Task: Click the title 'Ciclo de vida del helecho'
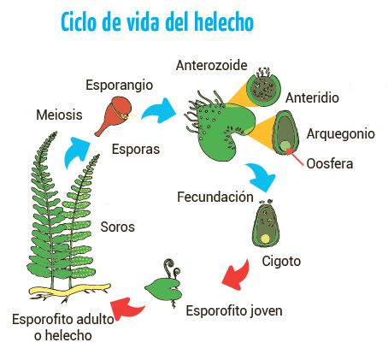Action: [157, 22]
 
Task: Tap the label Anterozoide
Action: [211, 65]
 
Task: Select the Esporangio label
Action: [119, 86]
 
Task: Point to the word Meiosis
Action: [59, 115]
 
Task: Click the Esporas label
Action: [136, 150]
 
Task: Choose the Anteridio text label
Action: [312, 97]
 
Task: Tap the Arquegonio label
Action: [341, 134]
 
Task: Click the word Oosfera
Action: [330, 163]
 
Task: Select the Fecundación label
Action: [215, 197]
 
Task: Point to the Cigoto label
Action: [281, 261]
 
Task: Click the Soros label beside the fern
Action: [117, 227]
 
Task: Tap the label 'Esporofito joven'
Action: [234, 310]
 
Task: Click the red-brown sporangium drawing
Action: [114, 115]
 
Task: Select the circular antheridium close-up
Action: [263, 88]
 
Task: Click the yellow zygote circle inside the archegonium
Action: [266, 239]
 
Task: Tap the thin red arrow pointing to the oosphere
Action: [295, 157]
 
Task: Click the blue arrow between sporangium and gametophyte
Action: [159, 111]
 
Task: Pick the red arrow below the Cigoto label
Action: [237, 274]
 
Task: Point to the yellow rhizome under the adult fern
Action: [70, 292]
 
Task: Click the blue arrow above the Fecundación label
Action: [262, 177]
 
